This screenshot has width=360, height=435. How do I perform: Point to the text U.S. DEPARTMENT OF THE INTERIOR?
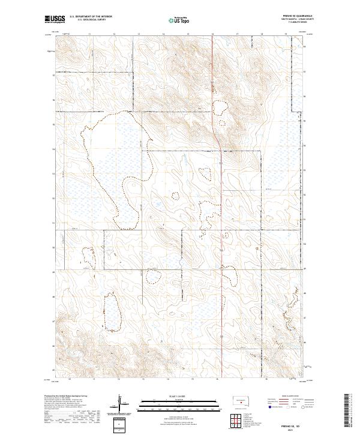click(x=91, y=16)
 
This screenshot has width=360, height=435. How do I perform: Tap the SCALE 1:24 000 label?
click(x=179, y=395)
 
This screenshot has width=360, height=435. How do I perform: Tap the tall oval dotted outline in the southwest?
click(x=112, y=312)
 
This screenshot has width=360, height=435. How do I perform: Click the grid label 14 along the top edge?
click(x=164, y=34)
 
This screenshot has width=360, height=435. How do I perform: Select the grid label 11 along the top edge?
click(x=89, y=34)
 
